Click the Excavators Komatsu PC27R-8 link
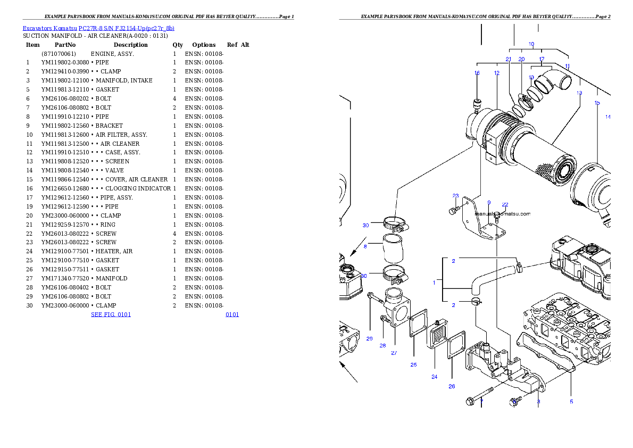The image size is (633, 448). [98, 28]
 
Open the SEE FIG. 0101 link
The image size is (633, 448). [111, 314]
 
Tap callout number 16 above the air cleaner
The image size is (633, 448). [477, 73]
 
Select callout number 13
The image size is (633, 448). [579, 93]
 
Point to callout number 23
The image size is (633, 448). [455, 196]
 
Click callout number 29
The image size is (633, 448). [370, 338]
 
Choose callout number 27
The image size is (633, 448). [394, 353]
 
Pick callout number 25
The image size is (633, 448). [413, 364]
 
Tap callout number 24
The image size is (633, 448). [434, 377]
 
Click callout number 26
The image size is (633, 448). [452, 386]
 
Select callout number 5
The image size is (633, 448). [571, 402]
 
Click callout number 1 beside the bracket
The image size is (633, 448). [434, 283]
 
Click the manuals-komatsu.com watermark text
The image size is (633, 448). [502, 214]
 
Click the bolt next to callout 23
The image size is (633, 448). [453, 211]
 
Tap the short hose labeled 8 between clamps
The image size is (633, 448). [393, 250]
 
